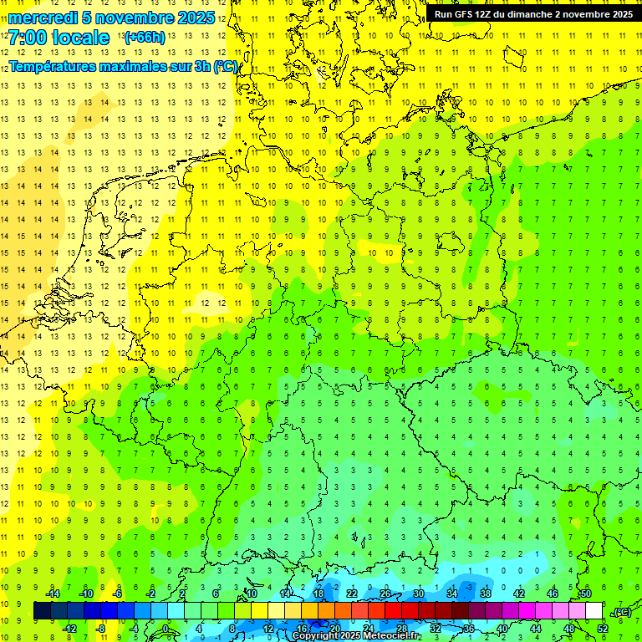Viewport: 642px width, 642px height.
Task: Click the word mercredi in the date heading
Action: coord(43,18)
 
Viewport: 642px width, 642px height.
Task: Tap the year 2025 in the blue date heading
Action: coord(191,18)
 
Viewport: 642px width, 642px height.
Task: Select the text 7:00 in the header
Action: coord(28,38)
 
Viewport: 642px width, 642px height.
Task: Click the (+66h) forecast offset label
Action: coord(144,38)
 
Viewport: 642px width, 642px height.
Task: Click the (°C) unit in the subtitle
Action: coord(225,67)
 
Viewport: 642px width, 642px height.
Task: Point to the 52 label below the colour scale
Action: coord(602,629)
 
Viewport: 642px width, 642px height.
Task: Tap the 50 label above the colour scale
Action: coord(585,594)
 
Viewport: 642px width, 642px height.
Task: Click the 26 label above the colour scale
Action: coord(385,594)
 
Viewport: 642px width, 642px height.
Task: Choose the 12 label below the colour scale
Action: coord(267,629)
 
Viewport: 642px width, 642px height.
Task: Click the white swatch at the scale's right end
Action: coord(594,611)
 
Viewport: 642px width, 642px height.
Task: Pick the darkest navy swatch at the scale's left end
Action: coord(42,611)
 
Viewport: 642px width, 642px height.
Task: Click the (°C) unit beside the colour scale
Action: coord(621,612)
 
